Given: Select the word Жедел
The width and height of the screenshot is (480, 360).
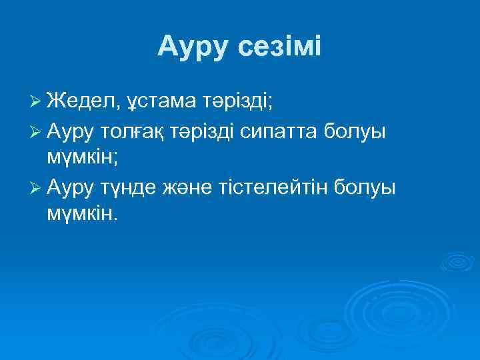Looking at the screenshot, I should tap(82, 101).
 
